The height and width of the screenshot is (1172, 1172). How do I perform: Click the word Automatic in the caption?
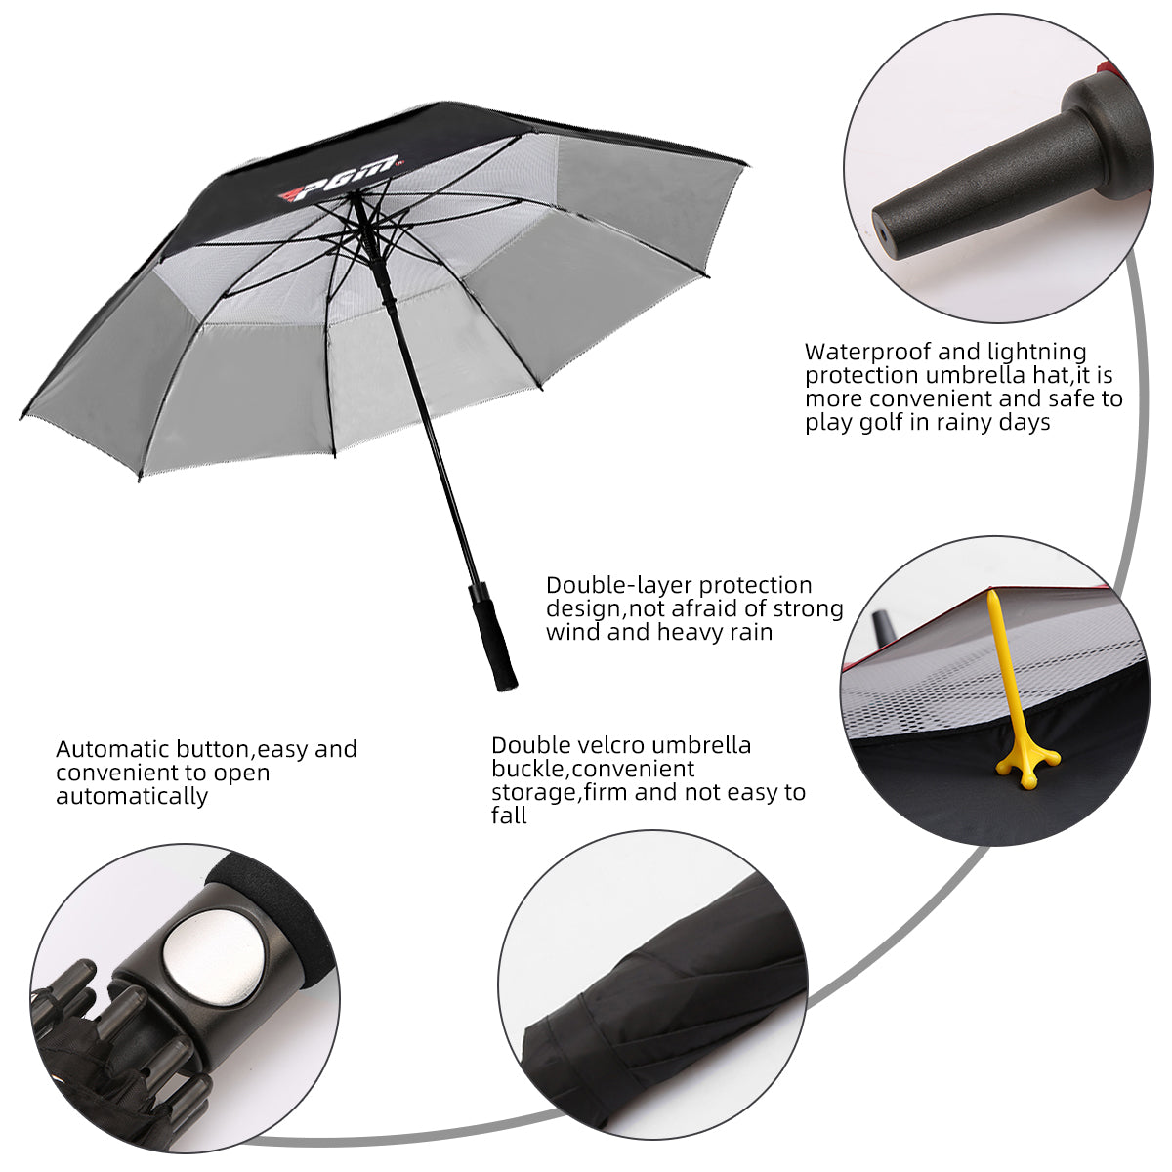(113, 749)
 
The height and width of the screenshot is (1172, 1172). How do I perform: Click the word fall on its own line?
(509, 816)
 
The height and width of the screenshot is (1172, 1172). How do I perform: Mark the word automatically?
(132, 796)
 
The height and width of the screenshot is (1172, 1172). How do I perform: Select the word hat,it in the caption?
(1067, 375)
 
